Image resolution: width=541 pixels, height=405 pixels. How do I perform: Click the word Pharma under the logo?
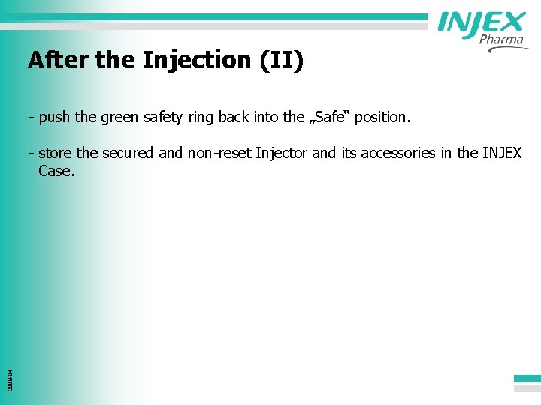click(x=500, y=40)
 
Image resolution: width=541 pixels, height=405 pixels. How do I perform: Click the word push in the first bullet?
click(x=55, y=118)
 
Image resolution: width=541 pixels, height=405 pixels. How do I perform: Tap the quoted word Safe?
click(x=329, y=118)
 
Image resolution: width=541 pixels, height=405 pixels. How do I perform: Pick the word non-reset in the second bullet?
click(x=219, y=154)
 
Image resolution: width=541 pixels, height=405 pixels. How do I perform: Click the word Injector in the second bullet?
click(x=282, y=154)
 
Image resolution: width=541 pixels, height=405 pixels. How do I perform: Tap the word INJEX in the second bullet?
click(x=501, y=154)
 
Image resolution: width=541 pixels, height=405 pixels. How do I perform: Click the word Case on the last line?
click(x=55, y=171)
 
